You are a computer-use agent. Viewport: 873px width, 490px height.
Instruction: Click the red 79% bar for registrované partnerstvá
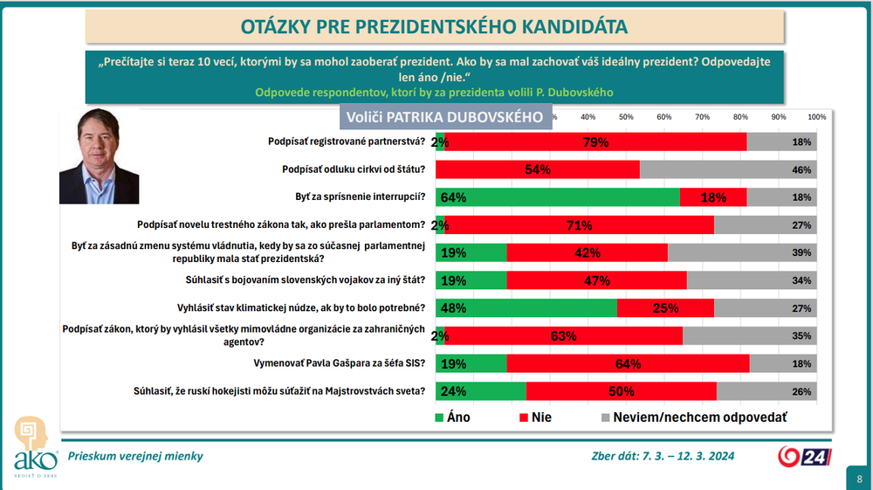coord(595,141)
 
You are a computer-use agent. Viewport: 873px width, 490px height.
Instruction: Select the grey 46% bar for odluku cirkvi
coord(729,169)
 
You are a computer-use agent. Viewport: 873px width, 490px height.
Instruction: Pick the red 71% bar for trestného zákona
coord(579,225)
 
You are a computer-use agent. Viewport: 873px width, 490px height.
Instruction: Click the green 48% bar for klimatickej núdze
coord(526,308)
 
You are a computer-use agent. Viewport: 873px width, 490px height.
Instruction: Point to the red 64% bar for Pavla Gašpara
coord(628,363)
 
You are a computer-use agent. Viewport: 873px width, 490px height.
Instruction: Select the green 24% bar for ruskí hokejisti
coord(480,391)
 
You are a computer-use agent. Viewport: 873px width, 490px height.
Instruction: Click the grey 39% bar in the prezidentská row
coord(742,253)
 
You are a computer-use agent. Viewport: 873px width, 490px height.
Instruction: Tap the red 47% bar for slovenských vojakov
coord(596,280)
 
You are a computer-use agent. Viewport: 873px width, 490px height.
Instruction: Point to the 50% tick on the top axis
coord(626,117)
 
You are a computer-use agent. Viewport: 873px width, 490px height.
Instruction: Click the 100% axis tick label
coord(816,117)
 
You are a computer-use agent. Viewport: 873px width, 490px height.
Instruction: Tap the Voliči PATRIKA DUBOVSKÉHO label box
coord(445,117)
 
